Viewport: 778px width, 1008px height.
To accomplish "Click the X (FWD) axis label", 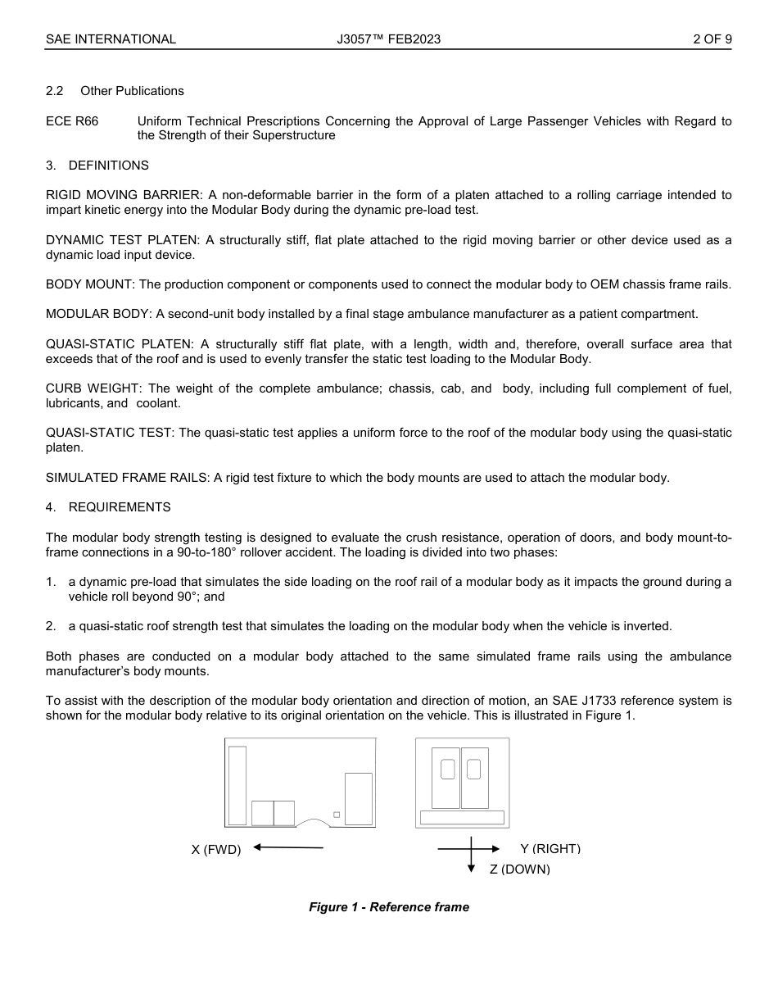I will point(216,850).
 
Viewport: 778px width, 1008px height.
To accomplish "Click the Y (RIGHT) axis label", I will point(550,849).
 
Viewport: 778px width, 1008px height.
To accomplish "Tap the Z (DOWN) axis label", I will point(520,869).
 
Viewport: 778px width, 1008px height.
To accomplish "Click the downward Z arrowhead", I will point(471,869).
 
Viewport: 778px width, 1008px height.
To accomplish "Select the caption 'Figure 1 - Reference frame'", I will point(389,907).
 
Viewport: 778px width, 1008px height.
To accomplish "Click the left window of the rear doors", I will point(447,770).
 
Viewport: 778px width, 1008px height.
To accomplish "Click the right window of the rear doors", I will point(473,770).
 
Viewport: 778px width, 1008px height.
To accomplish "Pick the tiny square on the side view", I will point(337,815).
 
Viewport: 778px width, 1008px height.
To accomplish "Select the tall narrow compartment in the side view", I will point(237,785).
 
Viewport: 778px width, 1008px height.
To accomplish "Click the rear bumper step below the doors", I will point(462,817).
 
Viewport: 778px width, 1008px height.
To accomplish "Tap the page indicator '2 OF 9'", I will point(712,39).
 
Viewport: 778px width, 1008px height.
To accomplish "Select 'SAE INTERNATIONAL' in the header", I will point(111,39).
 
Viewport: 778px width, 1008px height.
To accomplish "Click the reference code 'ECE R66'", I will point(72,121).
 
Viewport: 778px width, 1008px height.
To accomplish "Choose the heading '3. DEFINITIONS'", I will point(97,166).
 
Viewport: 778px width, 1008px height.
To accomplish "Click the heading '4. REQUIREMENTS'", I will point(108,507).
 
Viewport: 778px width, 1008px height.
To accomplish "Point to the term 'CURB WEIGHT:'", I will point(92,388).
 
